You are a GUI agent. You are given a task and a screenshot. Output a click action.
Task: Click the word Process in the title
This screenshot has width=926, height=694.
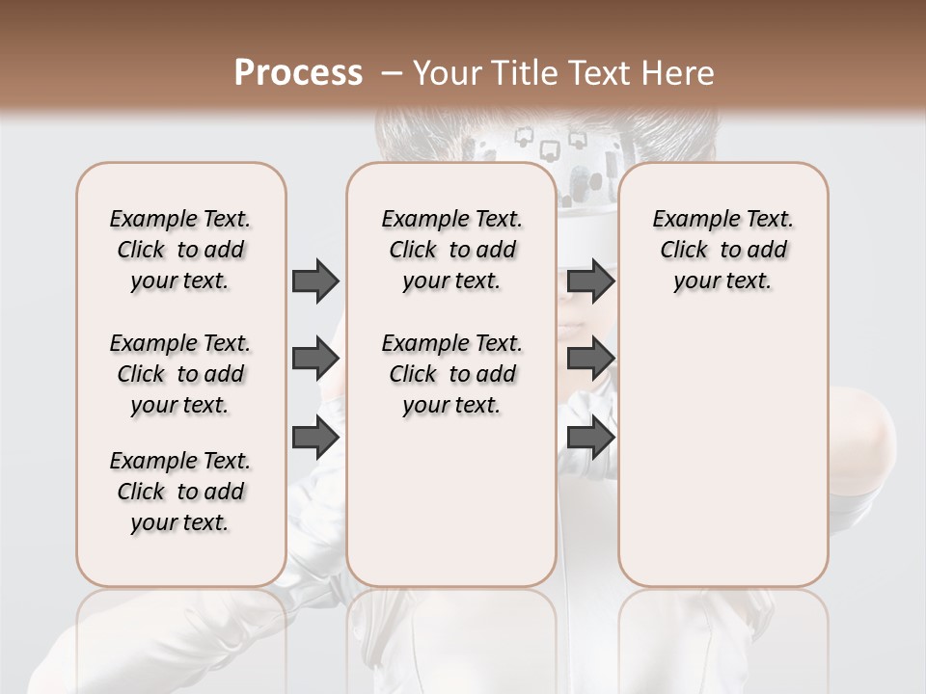click(298, 73)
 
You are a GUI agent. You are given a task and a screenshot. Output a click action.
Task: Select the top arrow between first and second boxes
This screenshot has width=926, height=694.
click(315, 280)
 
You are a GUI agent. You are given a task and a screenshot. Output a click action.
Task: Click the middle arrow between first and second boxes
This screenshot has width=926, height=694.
click(315, 359)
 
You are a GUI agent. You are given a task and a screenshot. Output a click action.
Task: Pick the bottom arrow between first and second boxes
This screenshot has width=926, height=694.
click(315, 437)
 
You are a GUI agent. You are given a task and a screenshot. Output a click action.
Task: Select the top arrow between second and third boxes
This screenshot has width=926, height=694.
click(590, 280)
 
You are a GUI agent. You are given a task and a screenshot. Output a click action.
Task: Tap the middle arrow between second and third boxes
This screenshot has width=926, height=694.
click(590, 359)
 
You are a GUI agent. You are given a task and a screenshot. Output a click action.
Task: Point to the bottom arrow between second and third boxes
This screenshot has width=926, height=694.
click(590, 437)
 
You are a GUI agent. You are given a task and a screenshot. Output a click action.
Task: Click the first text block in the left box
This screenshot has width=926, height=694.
click(180, 250)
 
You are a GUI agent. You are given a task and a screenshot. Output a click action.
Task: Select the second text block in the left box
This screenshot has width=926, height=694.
click(180, 374)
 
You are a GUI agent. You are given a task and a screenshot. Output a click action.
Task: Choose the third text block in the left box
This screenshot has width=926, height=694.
click(180, 492)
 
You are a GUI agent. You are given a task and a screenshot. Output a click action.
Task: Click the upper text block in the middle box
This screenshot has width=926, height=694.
click(451, 250)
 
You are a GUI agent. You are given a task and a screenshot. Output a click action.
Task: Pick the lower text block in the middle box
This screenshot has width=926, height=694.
click(451, 374)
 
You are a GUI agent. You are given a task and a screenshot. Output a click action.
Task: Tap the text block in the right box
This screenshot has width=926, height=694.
click(722, 250)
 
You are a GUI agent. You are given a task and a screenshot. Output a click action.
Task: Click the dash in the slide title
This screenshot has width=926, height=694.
click(392, 73)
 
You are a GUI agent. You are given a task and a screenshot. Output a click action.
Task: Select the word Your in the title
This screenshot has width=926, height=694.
click(445, 73)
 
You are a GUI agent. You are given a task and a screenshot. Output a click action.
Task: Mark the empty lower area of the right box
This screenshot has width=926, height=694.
click(722, 453)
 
